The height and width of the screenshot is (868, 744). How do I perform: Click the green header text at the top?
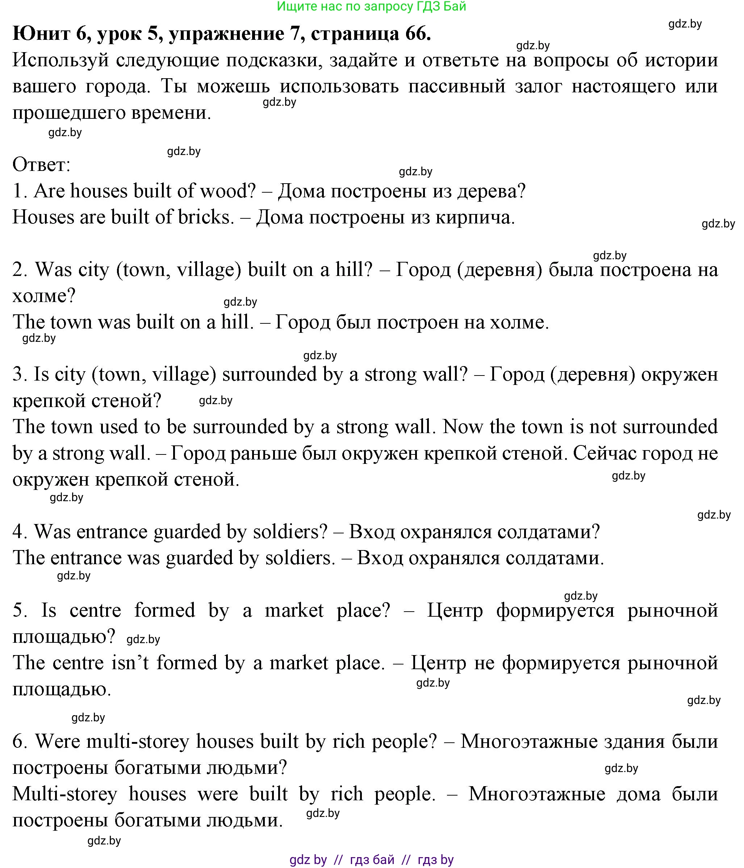tap(371, 6)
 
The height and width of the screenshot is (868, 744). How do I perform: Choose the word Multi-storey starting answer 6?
tap(65, 794)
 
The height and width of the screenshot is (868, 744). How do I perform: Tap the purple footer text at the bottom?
tap(371, 860)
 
